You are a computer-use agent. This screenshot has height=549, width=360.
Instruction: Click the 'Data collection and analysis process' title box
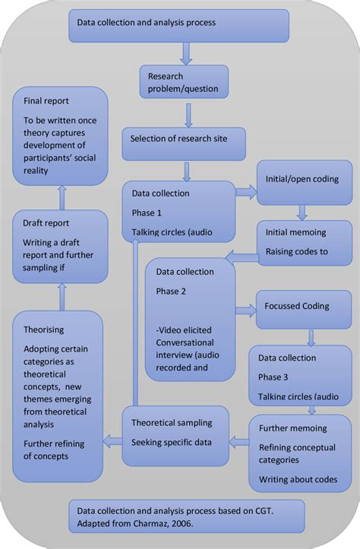[x=179, y=24]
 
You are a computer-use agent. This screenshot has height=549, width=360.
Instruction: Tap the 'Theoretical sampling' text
[x=172, y=422]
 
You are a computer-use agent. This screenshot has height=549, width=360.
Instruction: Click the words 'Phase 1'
[x=147, y=213]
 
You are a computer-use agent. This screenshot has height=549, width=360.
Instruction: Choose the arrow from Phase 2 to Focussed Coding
[x=245, y=309]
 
